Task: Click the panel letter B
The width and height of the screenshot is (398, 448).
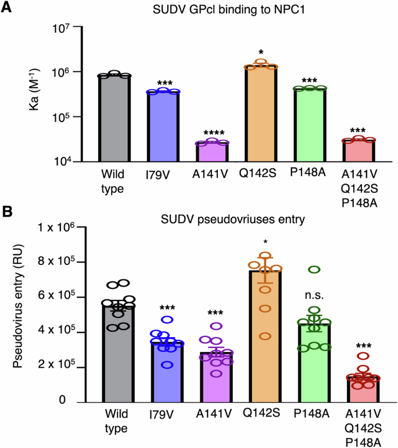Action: coord(8,210)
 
